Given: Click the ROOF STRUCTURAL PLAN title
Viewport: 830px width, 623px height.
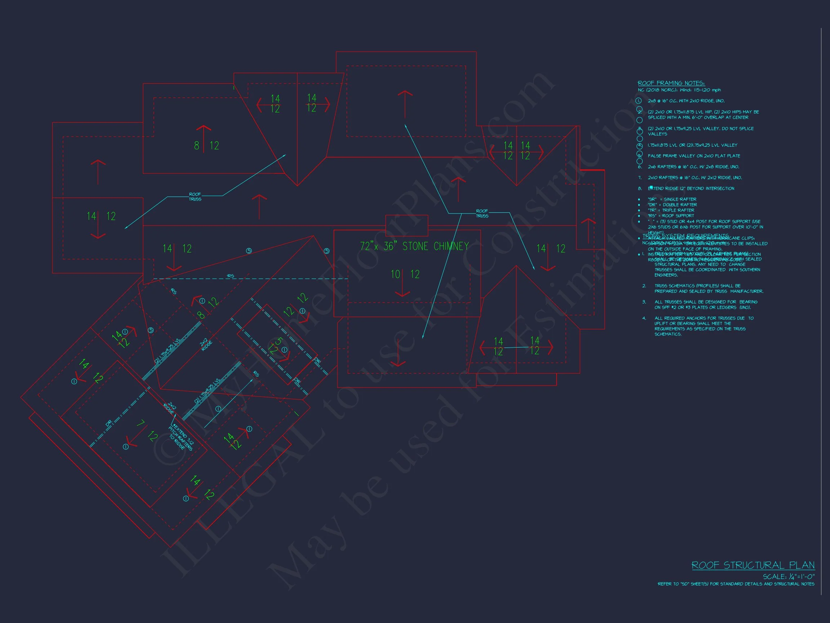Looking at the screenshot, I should tap(753, 565).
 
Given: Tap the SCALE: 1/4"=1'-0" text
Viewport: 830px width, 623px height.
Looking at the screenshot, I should tap(788, 576).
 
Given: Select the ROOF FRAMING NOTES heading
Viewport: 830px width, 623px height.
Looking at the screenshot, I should tap(671, 83).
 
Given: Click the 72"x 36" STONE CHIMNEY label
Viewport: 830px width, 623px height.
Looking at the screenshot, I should tap(414, 246).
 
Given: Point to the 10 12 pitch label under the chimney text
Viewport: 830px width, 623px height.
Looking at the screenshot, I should tap(405, 274).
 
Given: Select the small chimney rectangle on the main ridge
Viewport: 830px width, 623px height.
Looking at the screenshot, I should tap(407, 225).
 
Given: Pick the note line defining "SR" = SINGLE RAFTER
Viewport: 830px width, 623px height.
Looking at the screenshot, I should tap(671, 199).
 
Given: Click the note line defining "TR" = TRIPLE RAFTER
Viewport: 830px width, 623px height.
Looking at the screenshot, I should tap(671, 210).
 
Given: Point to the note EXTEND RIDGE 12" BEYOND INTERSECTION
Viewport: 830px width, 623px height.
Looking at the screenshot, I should tap(691, 189).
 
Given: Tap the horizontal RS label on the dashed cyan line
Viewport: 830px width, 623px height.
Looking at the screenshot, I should tap(231, 276).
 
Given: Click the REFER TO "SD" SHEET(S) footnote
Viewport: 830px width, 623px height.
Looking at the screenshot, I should tap(736, 584).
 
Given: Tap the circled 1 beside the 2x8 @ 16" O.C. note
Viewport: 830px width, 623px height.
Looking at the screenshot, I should tap(639, 101).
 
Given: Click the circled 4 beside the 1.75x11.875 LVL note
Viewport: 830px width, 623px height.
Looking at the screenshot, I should tap(640, 146).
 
